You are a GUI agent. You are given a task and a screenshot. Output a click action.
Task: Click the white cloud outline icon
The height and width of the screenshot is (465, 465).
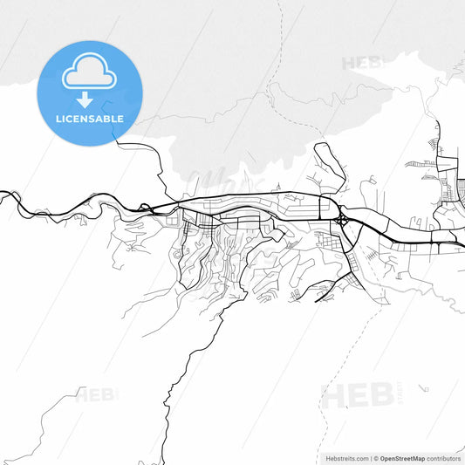89,73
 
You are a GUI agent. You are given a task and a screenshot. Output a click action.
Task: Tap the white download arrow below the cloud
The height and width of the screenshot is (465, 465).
85,99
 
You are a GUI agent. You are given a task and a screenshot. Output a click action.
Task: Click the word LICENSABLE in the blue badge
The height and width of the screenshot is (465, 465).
89,119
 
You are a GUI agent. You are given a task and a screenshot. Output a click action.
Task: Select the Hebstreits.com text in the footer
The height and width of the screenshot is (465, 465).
347,457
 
